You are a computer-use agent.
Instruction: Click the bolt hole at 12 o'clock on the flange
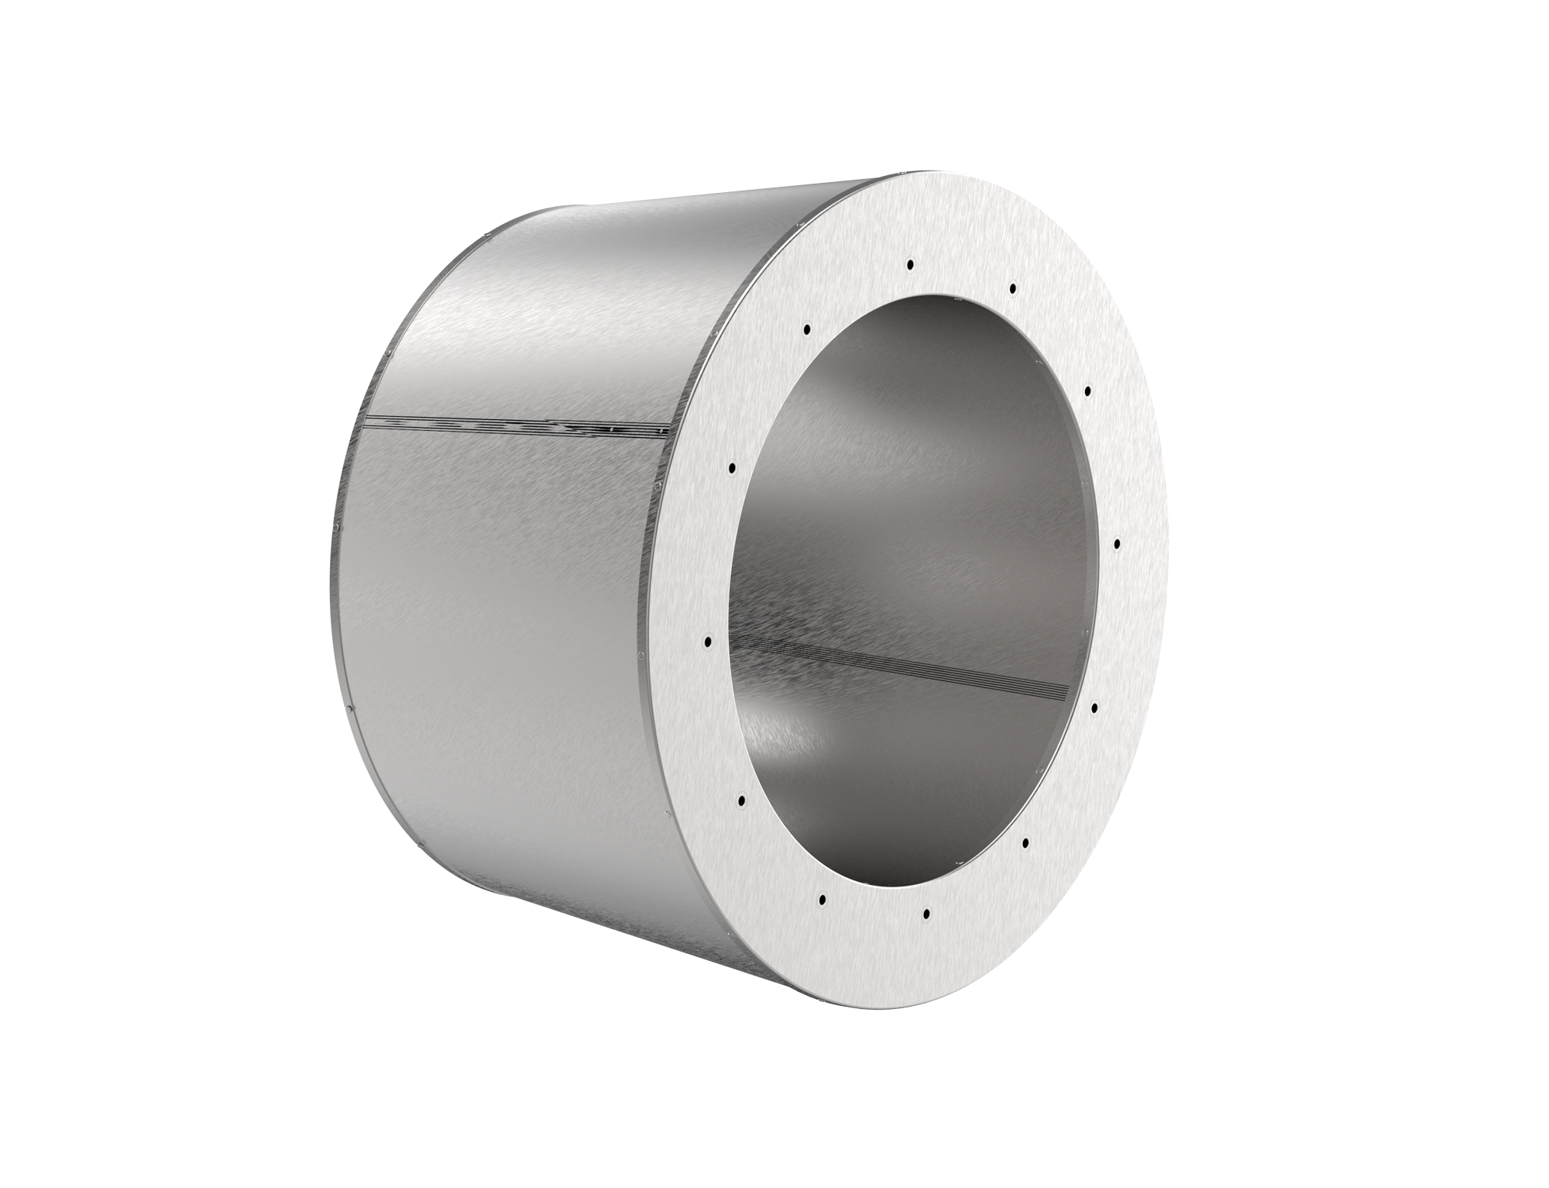click(x=910, y=264)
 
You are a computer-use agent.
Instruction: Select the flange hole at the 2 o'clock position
click(x=1088, y=391)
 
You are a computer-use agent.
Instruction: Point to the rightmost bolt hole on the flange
click(x=1117, y=544)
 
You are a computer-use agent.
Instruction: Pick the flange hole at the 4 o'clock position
click(x=1094, y=708)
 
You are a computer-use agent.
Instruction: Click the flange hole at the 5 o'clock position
click(x=1025, y=841)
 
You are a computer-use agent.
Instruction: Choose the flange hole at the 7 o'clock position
click(x=823, y=900)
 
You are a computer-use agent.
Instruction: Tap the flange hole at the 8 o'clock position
click(x=741, y=798)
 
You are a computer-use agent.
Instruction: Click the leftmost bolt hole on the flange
click(x=707, y=641)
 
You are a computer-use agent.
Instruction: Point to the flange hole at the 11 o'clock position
click(x=807, y=329)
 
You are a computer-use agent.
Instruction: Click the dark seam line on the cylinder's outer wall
click(x=511, y=424)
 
